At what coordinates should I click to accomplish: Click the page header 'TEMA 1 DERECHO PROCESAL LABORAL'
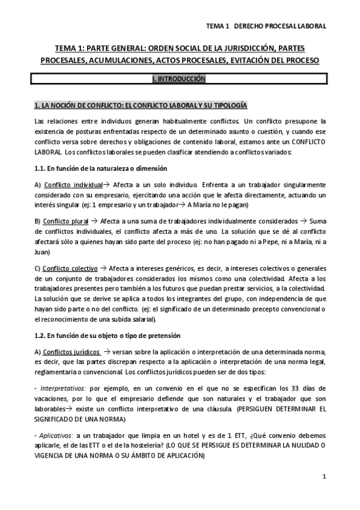tap(265, 26)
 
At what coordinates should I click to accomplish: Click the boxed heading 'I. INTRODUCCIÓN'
tap(180, 79)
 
